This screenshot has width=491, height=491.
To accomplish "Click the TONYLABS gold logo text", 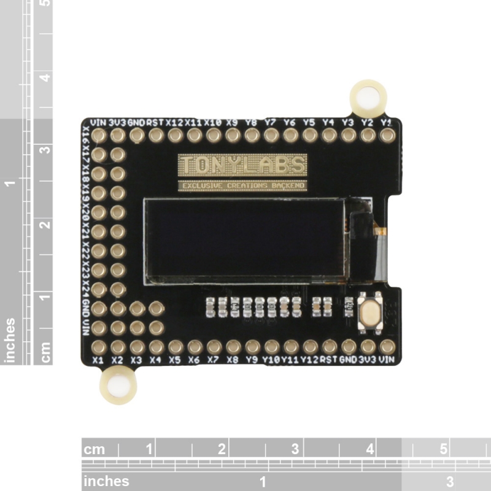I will (242, 164).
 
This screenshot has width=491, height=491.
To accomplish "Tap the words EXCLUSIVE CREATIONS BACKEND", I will (242, 185).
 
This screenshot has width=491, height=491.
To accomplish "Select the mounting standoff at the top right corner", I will (368, 97).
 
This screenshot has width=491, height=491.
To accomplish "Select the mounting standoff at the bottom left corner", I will (118, 386).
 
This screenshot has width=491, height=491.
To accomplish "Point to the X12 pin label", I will (175, 122).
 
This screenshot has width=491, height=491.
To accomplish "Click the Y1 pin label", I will (387, 122).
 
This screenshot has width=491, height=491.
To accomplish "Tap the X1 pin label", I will (98, 360).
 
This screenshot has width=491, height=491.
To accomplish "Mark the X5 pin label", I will (175, 360).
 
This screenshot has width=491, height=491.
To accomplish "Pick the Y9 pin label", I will (252, 360).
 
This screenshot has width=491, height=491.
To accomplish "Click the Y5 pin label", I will (309, 122).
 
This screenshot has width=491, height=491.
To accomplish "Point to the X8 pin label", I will (233, 360).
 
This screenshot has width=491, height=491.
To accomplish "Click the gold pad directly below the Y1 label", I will (387, 135).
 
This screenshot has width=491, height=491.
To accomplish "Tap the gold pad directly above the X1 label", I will (99, 347).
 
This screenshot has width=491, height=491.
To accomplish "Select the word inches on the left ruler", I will (10, 340).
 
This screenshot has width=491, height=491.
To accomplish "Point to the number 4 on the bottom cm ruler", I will (370, 449).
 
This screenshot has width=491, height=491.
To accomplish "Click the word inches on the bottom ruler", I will (106, 481).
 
